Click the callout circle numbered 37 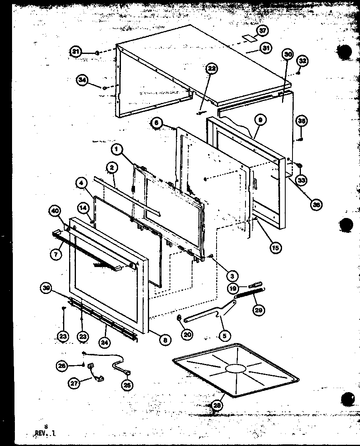coord(263,31)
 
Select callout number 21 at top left coord(76,52)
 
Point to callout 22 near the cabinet coord(212,69)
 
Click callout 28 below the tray coord(217,405)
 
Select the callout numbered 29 coord(259,310)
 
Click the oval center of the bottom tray coord(235,368)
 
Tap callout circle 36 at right coord(316,204)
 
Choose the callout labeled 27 coord(75,383)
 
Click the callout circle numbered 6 coord(157,123)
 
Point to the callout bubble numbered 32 coord(303,61)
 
